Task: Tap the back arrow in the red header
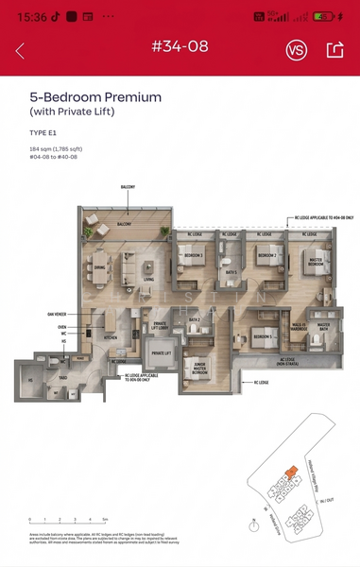pos(21,51)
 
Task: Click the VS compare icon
pos(296,51)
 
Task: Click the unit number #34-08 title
pos(180,46)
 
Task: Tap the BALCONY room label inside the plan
pos(124,224)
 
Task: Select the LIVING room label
pos(148,280)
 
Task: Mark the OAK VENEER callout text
pos(56,316)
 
